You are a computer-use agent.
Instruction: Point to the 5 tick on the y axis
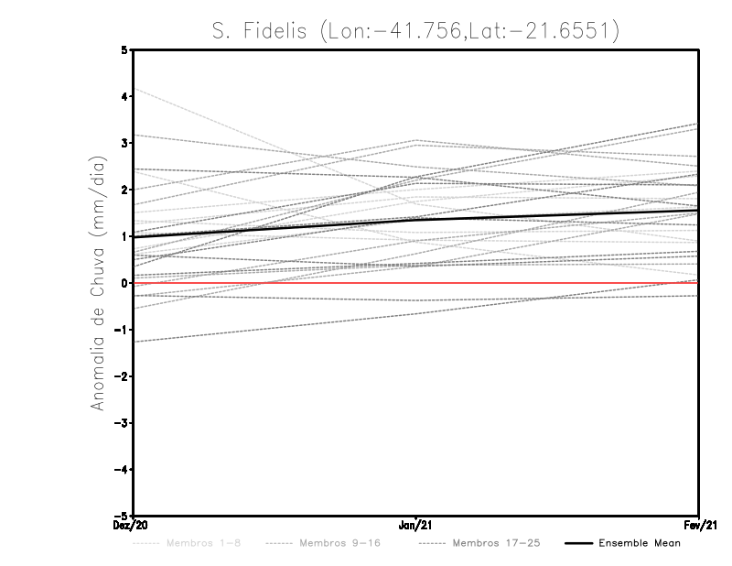(124, 49)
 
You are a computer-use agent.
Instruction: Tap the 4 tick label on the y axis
(124, 96)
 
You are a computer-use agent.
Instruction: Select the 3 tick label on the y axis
(124, 143)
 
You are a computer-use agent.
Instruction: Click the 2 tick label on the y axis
(124, 190)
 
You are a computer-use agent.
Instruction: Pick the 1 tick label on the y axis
(124, 236)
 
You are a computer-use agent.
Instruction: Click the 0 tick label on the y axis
(124, 283)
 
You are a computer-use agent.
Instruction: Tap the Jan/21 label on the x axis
(416, 526)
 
